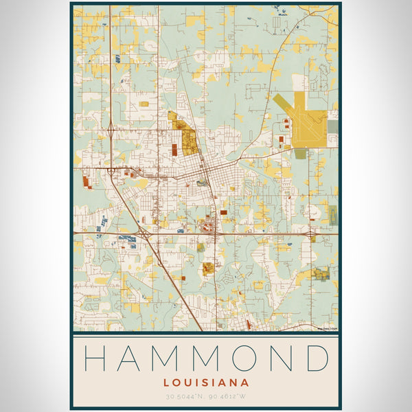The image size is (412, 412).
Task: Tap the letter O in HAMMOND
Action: [x=247, y=358]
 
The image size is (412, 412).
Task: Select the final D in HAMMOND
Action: [x=317, y=358]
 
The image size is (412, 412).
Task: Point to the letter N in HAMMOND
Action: [x=282, y=358]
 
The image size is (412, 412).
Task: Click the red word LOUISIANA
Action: [x=205, y=382]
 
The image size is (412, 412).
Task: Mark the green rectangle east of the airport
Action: [x=332, y=126]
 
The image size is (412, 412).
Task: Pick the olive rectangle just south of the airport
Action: [x=301, y=154]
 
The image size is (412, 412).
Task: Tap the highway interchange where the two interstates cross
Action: [x=148, y=235]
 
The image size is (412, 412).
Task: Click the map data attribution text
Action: [x=326, y=329]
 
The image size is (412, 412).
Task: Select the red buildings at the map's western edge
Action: [x=86, y=181]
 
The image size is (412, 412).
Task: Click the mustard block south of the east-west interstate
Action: [x=207, y=268]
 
